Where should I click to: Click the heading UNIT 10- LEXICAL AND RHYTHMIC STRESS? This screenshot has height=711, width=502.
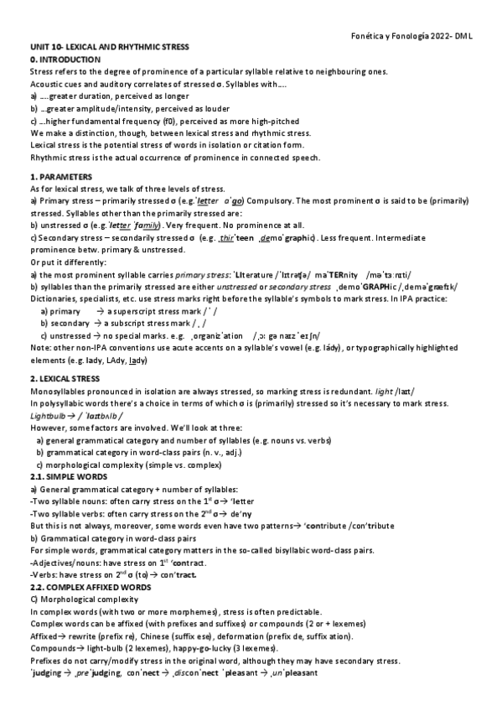click(109, 49)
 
